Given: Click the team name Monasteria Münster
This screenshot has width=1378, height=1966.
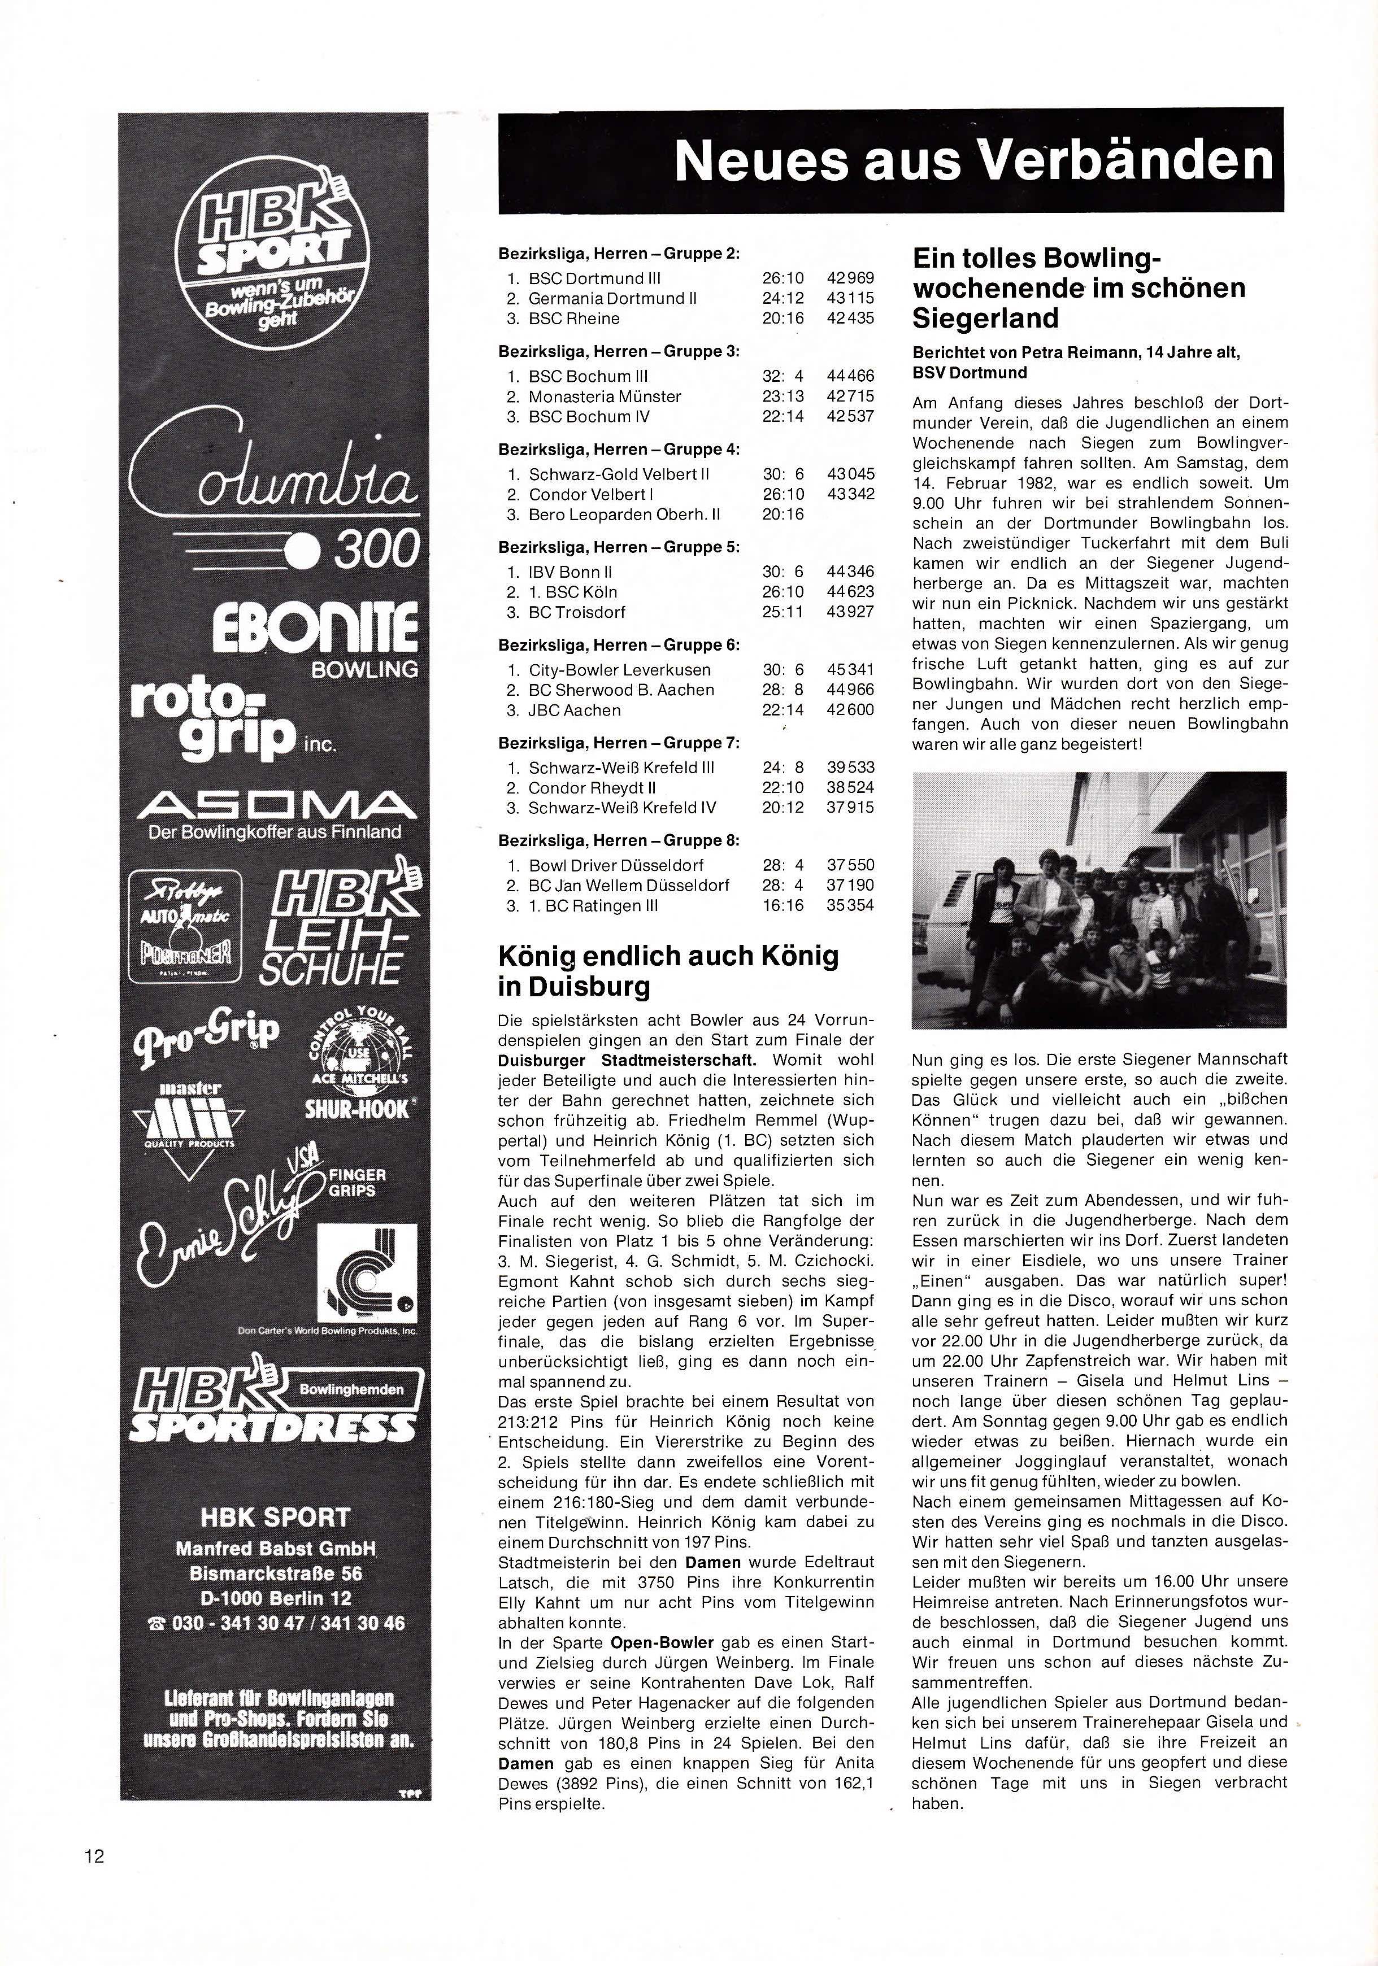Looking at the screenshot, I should pyautogui.click(x=605, y=396).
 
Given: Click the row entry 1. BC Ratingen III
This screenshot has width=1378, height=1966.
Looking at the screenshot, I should pyautogui.click(x=593, y=905).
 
